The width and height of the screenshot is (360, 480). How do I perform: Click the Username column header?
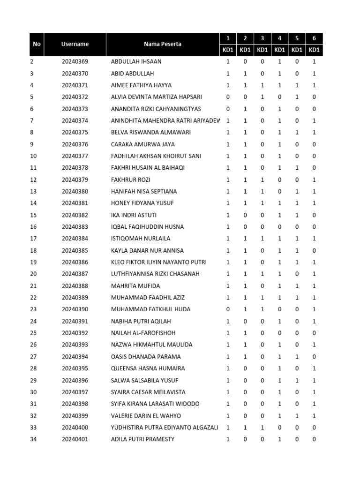click(x=75, y=44)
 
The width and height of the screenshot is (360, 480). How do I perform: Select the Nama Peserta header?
click(x=163, y=44)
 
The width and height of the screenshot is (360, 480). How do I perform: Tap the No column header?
click(x=37, y=44)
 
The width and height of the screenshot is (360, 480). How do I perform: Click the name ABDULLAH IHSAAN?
click(x=136, y=62)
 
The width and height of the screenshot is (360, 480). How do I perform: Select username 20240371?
click(x=75, y=85)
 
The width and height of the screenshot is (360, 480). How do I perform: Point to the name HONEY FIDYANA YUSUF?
click(x=142, y=203)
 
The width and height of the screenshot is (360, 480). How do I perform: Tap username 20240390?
click(x=75, y=309)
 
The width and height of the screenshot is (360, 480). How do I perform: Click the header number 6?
click(x=314, y=38)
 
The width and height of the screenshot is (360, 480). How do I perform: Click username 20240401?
click(x=75, y=439)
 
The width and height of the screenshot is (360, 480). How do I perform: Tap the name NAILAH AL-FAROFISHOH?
click(x=143, y=333)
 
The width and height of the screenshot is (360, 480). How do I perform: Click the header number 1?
click(x=228, y=38)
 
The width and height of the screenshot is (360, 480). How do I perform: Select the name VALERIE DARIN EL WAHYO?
click(x=146, y=416)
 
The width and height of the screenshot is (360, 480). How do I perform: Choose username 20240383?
click(x=75, y=227)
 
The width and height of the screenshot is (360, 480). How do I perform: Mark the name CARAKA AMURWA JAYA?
click(x=136, y=144)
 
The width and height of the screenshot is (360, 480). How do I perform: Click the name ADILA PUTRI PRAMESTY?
click(x=142, y=439)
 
